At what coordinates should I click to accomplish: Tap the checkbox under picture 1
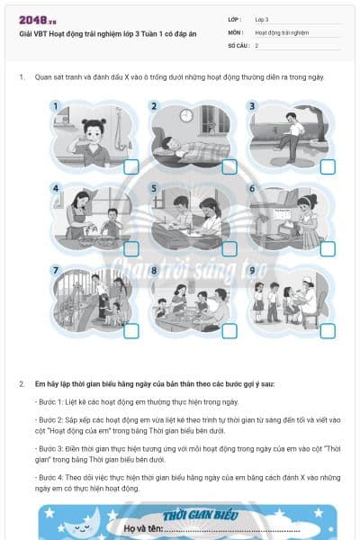coord(131,166)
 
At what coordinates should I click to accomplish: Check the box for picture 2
coord(229,166)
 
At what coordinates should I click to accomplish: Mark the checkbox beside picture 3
coord(328,166)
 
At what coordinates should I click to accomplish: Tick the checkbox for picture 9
coord(328,330)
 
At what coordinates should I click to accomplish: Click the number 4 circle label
coord(56,189)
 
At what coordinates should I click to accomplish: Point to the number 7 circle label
coord(56,270)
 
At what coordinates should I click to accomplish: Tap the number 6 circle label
coord(252,189)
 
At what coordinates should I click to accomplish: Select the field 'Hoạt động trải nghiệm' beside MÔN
coord(279,31)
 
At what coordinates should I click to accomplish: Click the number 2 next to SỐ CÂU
coord(256,45)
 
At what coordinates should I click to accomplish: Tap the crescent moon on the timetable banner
coord(61,522)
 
